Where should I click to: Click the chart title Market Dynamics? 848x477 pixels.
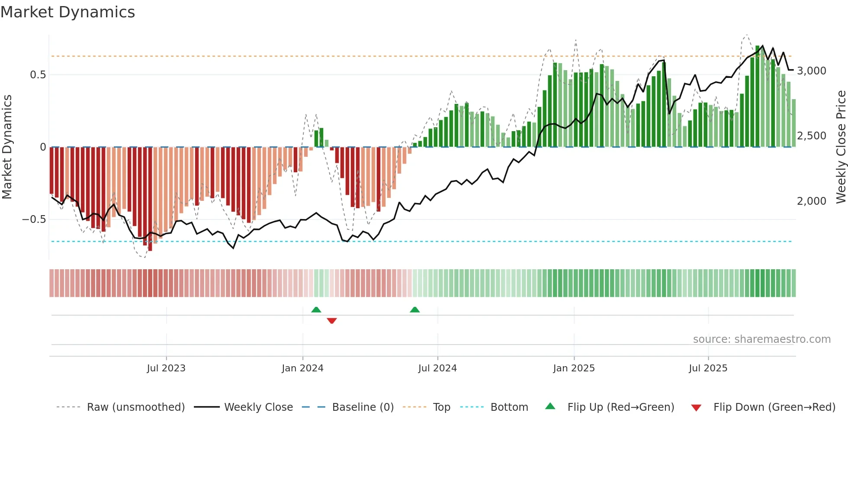click(x=68, y=12)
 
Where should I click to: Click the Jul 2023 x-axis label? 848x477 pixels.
click(x=166, y=368)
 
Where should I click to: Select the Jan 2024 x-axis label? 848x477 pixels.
click(x=302, y=368)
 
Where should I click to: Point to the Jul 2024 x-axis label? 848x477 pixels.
click(x=437, y=368)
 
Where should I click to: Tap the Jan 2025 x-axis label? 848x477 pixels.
click(x=574, y=368)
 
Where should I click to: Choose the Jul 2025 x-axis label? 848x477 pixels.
click(x=708, y=368)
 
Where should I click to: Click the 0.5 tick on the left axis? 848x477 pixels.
click(x=38, y=75)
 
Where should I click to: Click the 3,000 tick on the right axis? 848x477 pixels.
click(x=812, y=71)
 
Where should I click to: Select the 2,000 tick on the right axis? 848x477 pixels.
click(x=812, y=201)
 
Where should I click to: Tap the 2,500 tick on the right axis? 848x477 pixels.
click(x=812, y=136)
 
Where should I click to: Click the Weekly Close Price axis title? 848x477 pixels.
click(x=841, y=147)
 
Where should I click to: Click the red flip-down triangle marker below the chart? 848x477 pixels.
click(x=332, y=321)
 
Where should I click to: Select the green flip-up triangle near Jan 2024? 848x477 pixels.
click(x=316, y=309)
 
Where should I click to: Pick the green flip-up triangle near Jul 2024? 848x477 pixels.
click(x=414, y=309)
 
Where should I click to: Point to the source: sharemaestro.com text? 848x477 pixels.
click(x=761, y=339)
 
